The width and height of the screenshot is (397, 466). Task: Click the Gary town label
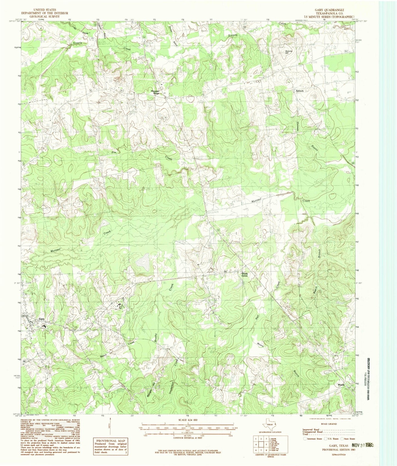pyautogui.click(x=41, y=319)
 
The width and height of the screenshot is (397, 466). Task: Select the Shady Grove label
pyautogui.click(x=245, y=275)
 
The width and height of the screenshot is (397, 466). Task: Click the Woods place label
pyautogui.click(x=341, y=385)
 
